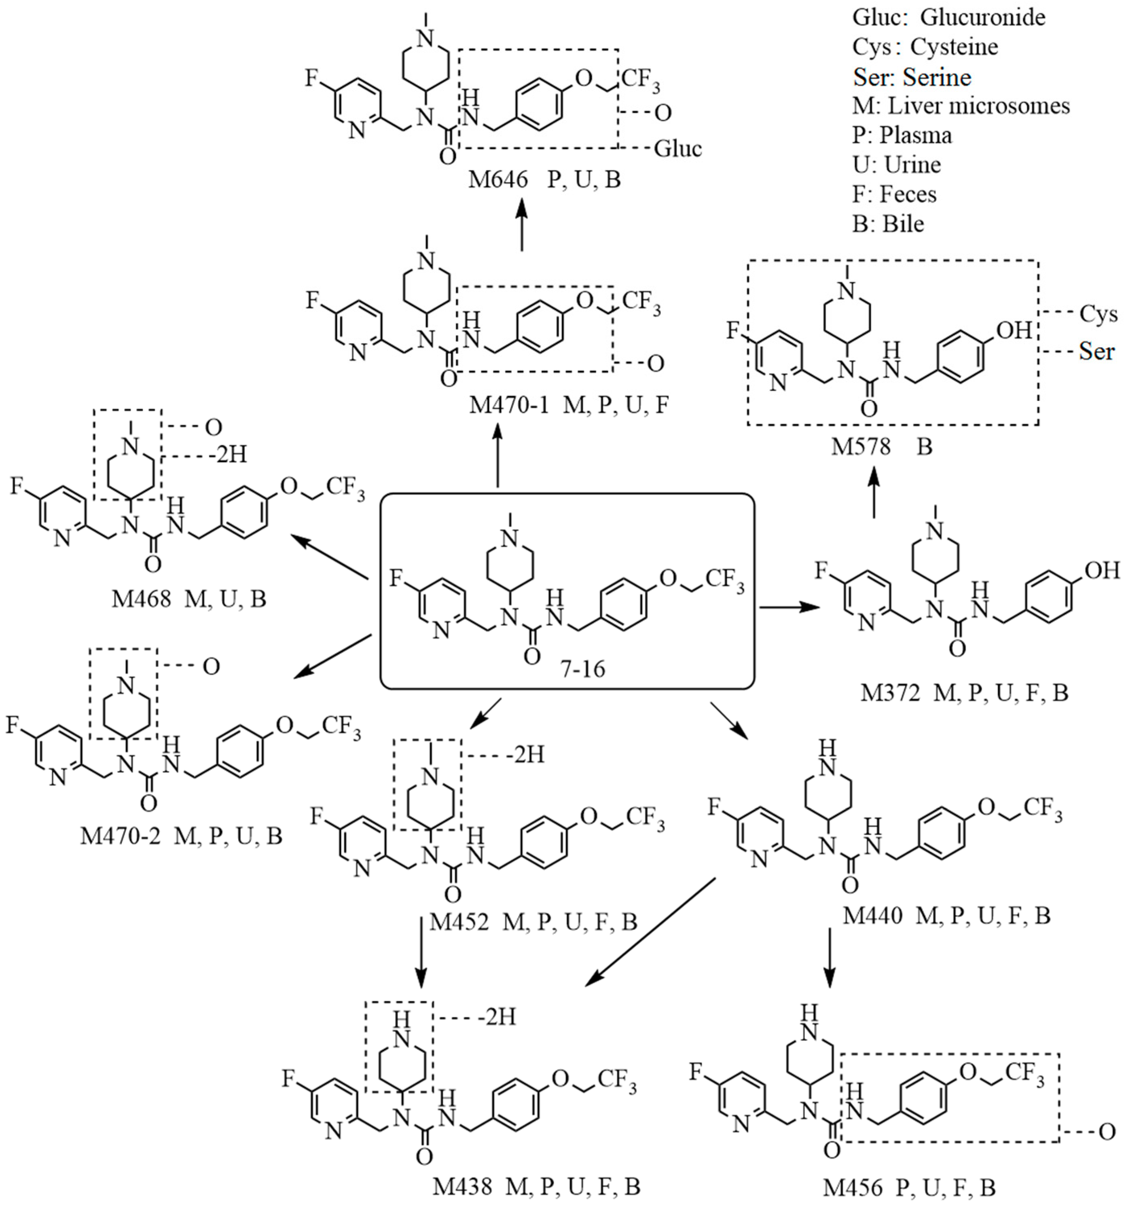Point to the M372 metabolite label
(x=889, y=693)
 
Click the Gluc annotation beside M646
(x=678, y=149)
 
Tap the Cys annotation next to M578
(x=1098, y=314)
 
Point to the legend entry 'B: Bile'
(x=888, y=224)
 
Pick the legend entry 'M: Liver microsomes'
(x=961, y=106)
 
